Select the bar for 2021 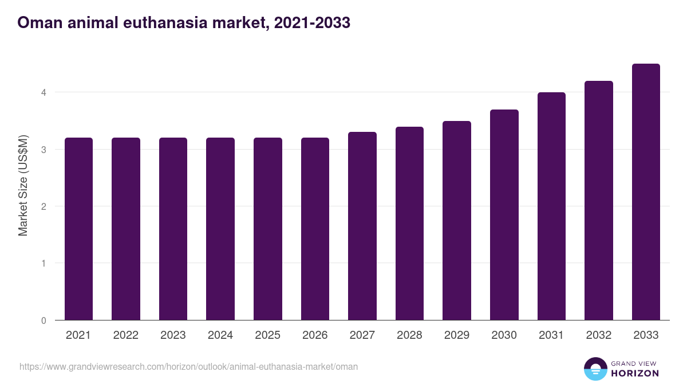point(78,229)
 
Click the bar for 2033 point(646,192)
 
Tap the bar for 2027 point(362,226)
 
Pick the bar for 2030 point(504,215)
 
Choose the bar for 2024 point(220,229)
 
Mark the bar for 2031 point(551,206)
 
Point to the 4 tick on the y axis point(44,92)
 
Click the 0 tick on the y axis point(44,320)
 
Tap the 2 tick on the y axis point(44,206)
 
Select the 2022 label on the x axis point(125,335)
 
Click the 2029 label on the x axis point(457,335)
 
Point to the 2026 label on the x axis point(315,335)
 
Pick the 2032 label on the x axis point(599,335)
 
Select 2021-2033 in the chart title point(312,23)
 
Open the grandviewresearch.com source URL point(188,366)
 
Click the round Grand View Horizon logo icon point(595,369)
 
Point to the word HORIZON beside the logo point(634,373)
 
